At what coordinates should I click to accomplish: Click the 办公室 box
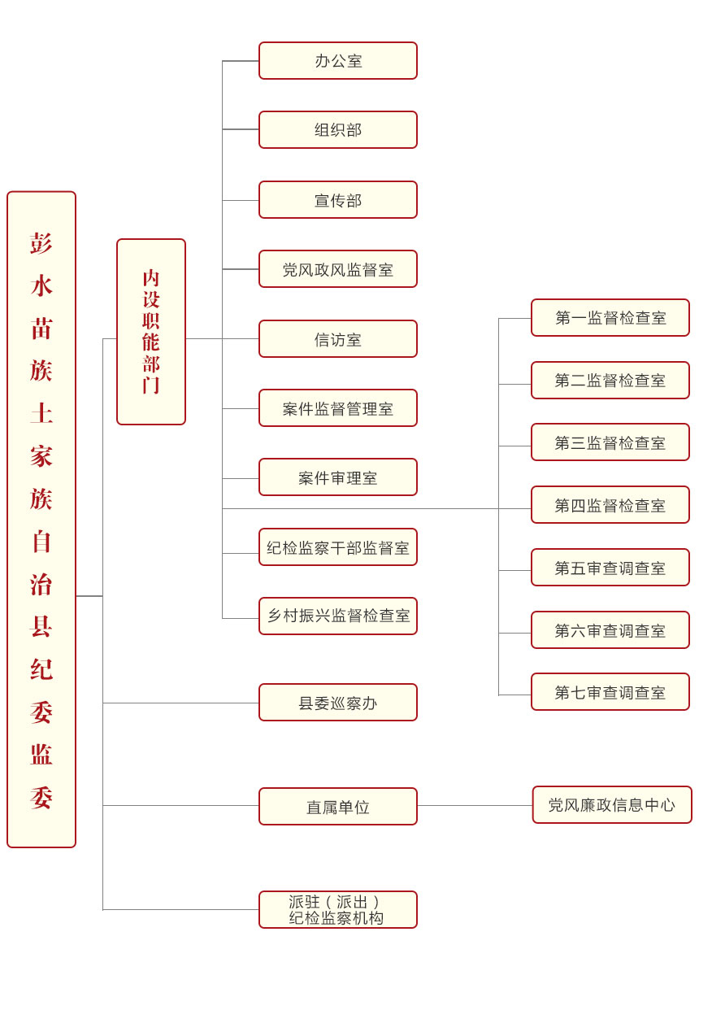click(337, 61)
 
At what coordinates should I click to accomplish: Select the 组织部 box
click(337, 130)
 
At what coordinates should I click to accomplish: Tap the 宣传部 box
click(337, 200)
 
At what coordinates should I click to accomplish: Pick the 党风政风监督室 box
click(337, 269)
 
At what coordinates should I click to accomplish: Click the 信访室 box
click(337, 339)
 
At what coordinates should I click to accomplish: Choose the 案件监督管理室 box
click(337, 408)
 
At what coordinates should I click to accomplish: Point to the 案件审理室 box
click(337, 477)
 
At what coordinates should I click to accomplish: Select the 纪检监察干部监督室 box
click(337, 547)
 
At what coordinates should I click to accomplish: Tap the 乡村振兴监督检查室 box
click(337, 616)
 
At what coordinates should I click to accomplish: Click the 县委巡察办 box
click(337, 703)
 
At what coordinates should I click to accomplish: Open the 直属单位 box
click(337, 807)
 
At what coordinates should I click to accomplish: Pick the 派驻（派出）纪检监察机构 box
click(337, 910)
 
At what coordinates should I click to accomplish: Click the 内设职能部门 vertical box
click(151, 332)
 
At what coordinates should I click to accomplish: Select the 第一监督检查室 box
click(610, 318)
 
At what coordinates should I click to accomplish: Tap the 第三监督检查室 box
click(610, 442)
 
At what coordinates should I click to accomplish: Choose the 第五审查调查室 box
click(610, 568)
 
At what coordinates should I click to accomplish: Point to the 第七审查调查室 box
click(610, 692)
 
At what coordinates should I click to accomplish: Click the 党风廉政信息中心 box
click(612, 805)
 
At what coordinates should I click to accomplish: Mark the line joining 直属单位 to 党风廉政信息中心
click(475, 806)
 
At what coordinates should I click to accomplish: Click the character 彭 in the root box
click(41, 243)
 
